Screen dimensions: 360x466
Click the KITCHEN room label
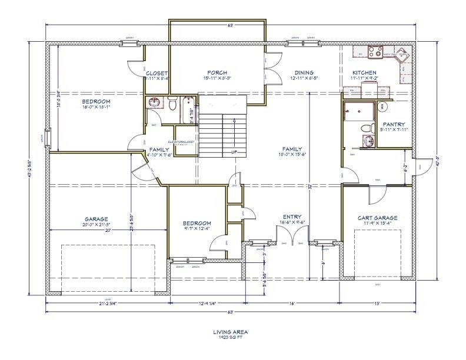pyautogui.click(x=364, y=73)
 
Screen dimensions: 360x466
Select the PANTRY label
pyautogui.click(x=394, y=124)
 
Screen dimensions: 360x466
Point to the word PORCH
pyautogui.click(x=201, y=73)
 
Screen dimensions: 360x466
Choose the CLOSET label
pyautogui.click(x=157, y=73)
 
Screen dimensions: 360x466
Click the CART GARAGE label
pyautogui.click(x=377, y=218)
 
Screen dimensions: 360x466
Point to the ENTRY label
pyautogui.click(x=292, y=216)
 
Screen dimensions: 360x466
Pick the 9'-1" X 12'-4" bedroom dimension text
pyautogui.click(x=196, y=228)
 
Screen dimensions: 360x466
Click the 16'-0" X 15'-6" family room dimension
pyautogui.click(x=291, y=155)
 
